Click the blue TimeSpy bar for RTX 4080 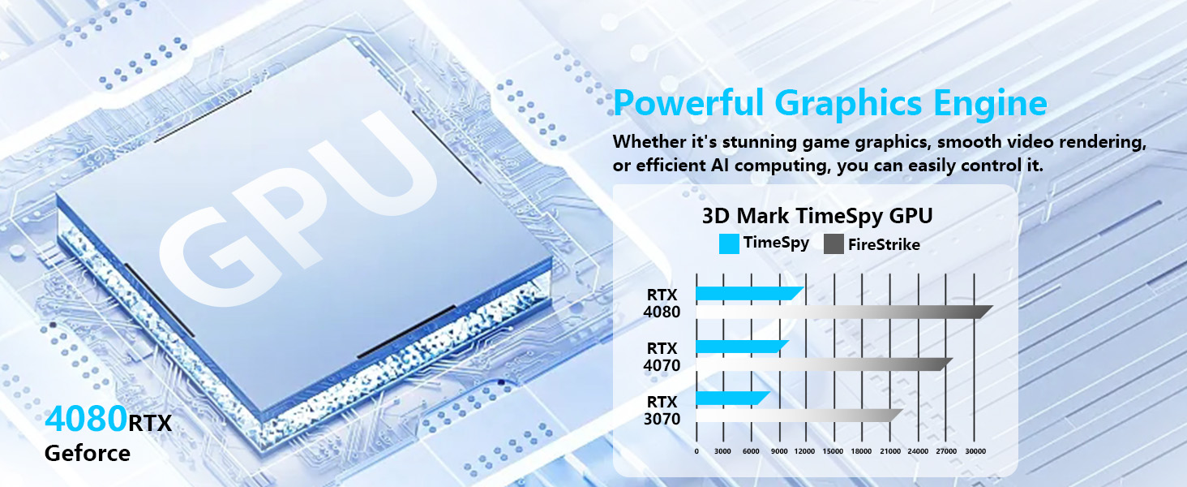pos(750,293)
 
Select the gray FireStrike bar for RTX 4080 pos(844,312)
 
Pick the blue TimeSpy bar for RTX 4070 pos(743,347)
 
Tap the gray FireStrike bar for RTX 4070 pos(824,364)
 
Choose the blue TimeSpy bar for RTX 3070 pos(733,398)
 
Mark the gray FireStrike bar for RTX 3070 pos(799,416)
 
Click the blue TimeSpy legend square pos(729,244)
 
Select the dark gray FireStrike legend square pos(833,244)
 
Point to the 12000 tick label pos(804,451)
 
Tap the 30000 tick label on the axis pos(975,451)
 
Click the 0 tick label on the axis pos(696,451)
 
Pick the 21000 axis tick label pos(890,451)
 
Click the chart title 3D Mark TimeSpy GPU pos(817,216)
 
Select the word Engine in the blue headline pos(990,103)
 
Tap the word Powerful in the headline pos(688,102)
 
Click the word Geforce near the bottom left pos(88,454)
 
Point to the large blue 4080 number pos(86,419)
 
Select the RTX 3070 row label pos(662,410)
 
